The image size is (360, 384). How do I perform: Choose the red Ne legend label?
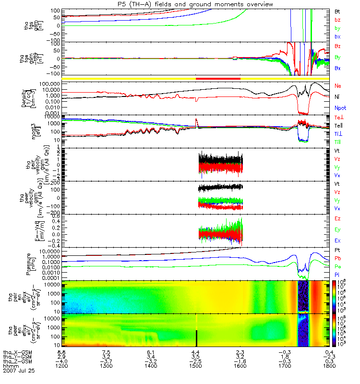338,85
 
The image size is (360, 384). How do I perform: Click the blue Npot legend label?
340,108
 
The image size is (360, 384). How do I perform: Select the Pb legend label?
338,258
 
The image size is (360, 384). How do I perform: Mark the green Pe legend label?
338,266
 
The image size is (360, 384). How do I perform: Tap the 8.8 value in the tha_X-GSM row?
62,351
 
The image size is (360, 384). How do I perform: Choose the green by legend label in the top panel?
338,28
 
